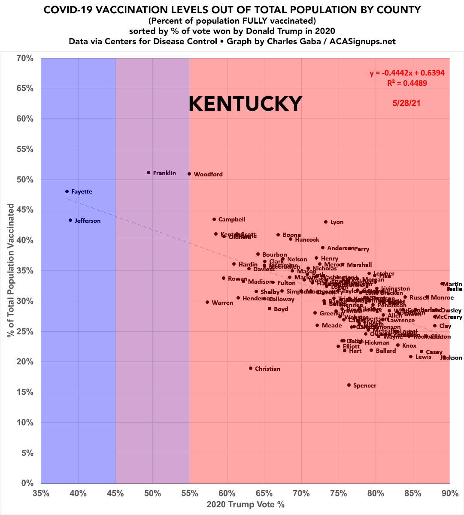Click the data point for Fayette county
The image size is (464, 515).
67,191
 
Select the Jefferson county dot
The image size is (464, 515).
70,220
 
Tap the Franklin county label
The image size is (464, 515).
164,173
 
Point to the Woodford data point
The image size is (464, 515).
189,174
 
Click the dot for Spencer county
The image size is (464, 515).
349,385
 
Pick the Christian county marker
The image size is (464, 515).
251,368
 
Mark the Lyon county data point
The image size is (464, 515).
326,222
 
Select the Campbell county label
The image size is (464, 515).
232,219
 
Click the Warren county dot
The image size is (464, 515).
207,302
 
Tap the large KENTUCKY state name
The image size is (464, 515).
246,103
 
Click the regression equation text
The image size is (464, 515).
407,73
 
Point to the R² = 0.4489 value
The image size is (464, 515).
407,83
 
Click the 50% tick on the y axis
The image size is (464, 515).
25,179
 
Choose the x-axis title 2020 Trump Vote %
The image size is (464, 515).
246,504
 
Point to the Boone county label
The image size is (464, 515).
291,235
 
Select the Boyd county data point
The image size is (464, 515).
270,309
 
